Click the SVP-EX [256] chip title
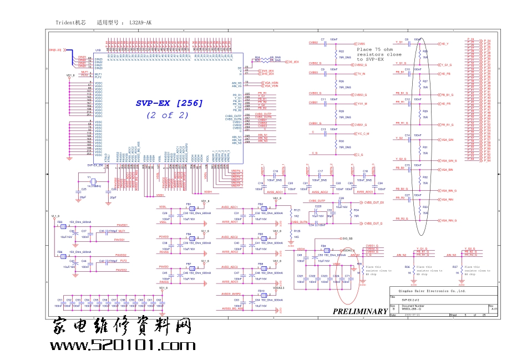[x=169, y=103]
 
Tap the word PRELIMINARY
[x=360, y=311]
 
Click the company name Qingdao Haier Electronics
[x=425, y=291]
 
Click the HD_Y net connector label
[x=444, y=43]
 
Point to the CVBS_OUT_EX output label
[x=374, y=202]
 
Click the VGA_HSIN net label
[x=271, y=83]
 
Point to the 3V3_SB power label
[x=348, y=239]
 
